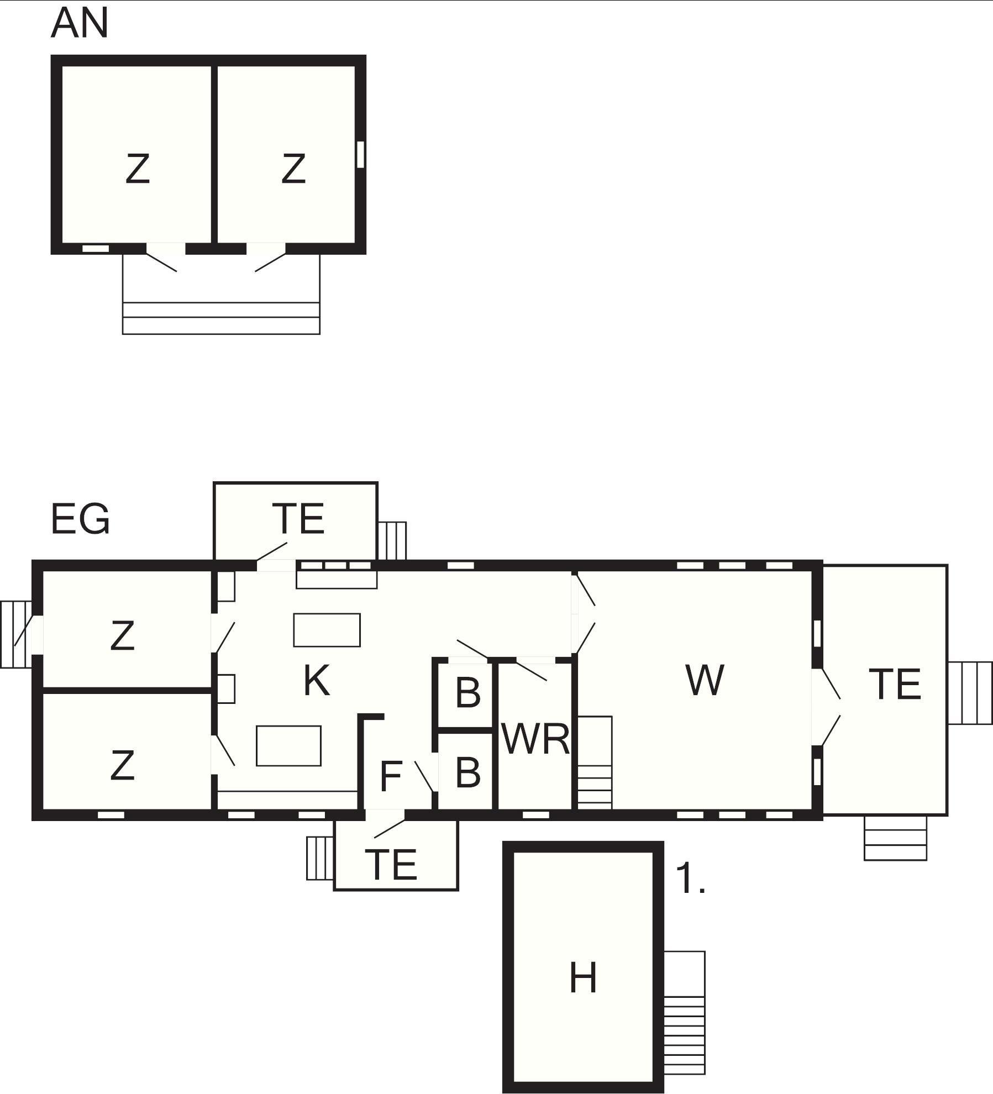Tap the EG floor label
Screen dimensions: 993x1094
[80, 519]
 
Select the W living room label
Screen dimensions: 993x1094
[705, 680]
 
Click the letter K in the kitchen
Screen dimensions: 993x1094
[317, 681]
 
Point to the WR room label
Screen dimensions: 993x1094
[535, 739]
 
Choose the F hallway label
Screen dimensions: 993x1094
[391, 776]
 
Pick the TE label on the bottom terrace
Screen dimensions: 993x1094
[391, 865]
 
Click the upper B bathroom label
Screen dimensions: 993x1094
[468, 693]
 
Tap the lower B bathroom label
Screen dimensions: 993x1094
[468, 773]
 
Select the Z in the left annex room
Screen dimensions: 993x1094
[138, 169]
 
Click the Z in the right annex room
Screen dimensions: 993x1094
[293, 169]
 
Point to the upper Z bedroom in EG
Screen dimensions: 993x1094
[122, 635]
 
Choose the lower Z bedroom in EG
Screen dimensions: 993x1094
[122, 765]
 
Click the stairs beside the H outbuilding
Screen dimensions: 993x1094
[684, 1013]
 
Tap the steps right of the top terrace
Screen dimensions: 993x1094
[392, 541]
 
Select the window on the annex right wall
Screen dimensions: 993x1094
[361, 154]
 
